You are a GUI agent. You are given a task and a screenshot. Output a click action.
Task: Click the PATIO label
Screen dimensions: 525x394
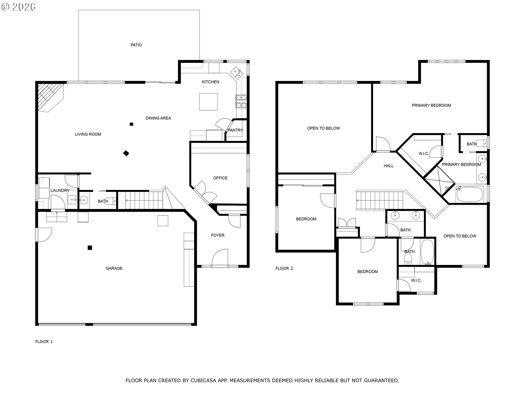pos(136,45)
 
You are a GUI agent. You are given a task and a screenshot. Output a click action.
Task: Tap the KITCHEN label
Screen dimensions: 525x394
pos(210,82)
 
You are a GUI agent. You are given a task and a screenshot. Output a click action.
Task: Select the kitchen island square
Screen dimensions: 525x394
pos(208,102)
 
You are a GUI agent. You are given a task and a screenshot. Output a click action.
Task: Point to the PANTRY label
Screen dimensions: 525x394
pos(235,130)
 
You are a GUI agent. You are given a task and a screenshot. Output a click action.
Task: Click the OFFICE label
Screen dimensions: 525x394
pos(220,178)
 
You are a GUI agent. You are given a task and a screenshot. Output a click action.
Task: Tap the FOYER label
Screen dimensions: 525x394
pos(218,235)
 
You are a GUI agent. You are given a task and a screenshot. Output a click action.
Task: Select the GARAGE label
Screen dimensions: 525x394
pos(114,268)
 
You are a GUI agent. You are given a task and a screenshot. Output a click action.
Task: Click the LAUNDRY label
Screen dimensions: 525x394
pos(60,190)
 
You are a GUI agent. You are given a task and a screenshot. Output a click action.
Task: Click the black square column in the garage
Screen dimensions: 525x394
pos(90,248)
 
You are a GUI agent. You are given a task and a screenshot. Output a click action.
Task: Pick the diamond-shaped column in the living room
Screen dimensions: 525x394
pos(126,153)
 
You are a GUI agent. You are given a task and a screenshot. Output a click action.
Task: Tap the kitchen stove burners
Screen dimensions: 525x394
pos(241,101)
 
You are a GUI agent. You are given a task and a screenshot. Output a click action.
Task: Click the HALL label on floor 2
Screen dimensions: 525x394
pos(389,166)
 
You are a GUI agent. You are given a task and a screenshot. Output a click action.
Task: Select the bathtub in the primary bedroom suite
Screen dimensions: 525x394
pos(469,194)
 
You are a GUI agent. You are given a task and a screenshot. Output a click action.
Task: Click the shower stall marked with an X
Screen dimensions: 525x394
pos(439,181)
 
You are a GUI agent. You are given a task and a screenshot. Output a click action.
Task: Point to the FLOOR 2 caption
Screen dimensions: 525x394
pos(284,268)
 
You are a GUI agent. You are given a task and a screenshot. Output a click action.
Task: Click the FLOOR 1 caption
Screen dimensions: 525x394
pos(44,342)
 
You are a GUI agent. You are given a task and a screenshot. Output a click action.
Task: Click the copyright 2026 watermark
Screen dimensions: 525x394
pos(19,7)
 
